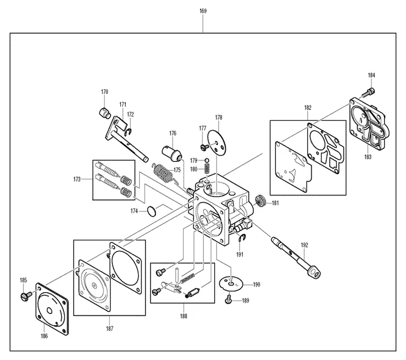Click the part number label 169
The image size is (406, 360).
coord(203,11)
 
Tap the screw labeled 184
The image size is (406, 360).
coord(369,92)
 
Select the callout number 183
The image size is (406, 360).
coord(367,157)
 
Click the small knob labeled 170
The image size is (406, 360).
coord(105,113)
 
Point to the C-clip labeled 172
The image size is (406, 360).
coord(128,132)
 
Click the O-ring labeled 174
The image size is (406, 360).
coord(152,211)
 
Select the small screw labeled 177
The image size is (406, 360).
coord(205,147)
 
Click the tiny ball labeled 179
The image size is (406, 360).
coord(207,160)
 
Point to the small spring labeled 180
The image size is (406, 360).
coord(207,169)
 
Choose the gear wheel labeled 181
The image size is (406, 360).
coord(260,201)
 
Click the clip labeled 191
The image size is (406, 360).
coord(242,238)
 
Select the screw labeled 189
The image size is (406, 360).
coord(228,300)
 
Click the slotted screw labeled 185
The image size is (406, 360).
coord(26,296)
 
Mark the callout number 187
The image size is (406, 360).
coord(110,329)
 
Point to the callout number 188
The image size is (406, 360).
coord(184,316)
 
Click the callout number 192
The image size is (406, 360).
coord(304,245)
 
